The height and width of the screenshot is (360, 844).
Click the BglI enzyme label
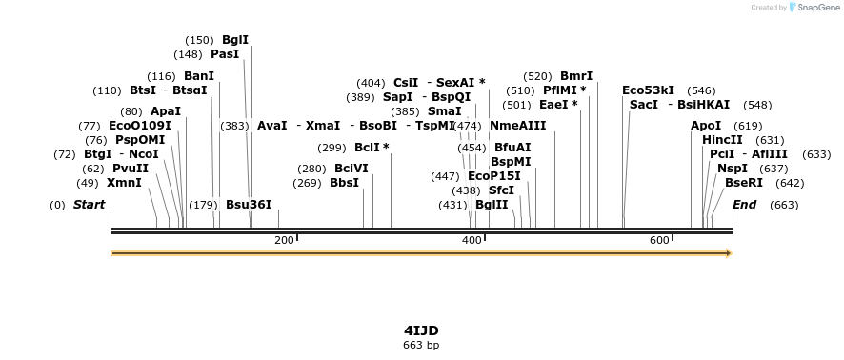(x=234, y=40)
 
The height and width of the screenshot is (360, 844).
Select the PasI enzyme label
(x=225, y=54)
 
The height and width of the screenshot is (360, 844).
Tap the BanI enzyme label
(x=199, y=76)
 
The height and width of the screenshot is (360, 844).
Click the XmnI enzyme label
(x=124, y=183)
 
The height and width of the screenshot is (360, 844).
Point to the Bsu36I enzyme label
(x=249, y=205)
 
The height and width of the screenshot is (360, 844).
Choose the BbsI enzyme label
(x=344, y=183)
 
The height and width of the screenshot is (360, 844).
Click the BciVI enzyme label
(x=351, y=169)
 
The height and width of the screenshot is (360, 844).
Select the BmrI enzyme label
(x=576, y=76)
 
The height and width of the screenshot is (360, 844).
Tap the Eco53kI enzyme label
(x=648, y=90)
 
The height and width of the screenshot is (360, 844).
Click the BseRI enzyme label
(x=744, y=183)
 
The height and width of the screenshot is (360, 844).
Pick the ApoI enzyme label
(x=706, y=126)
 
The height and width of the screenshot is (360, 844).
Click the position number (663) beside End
(x=784, y=205)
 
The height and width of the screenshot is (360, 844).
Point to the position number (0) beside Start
(x=57, y=205)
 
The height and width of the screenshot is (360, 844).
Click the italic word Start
(x=89, y=205)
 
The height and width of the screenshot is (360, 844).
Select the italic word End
(x=744, y=205)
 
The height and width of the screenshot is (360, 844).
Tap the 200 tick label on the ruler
(x=284, y=240)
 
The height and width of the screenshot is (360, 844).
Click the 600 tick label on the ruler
(x=659, y=240)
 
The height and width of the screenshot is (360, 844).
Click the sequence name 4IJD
(x=421, y=330)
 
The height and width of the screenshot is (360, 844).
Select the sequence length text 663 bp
(x=421, y=345)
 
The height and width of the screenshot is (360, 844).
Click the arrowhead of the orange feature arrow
(x=728, y=253)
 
